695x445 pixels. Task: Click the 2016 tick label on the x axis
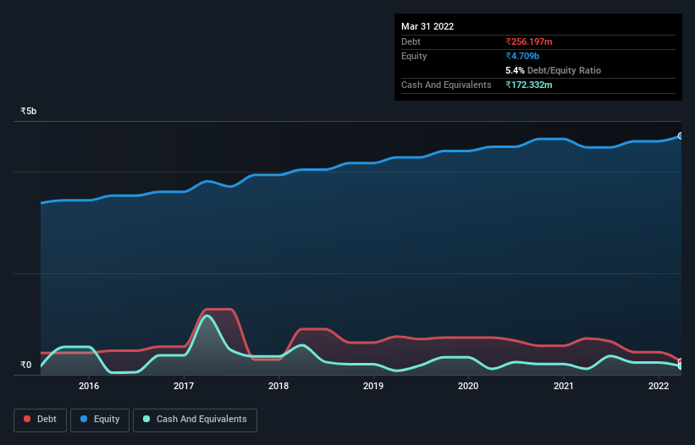point(89,386)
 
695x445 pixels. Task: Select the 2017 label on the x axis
point(184,386)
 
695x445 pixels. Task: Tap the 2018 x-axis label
point(279,386)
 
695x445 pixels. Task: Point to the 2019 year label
point(373,386)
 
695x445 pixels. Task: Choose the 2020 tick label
point(468,386)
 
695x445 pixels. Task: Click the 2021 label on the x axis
point(564,386)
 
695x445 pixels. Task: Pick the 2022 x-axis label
point(659,386)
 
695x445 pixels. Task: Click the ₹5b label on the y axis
point(29,111)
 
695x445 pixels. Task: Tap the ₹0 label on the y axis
point(25,365)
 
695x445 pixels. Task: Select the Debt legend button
point(41,420)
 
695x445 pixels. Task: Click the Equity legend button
point(101,420)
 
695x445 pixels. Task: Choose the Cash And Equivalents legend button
point(195,420)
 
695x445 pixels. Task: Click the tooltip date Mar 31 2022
point(427,26)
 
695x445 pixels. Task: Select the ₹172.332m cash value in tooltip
point(534,85)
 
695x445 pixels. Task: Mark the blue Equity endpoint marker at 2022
point(681,135)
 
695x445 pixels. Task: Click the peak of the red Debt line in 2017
point(218,310)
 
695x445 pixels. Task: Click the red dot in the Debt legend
point(28,420)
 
